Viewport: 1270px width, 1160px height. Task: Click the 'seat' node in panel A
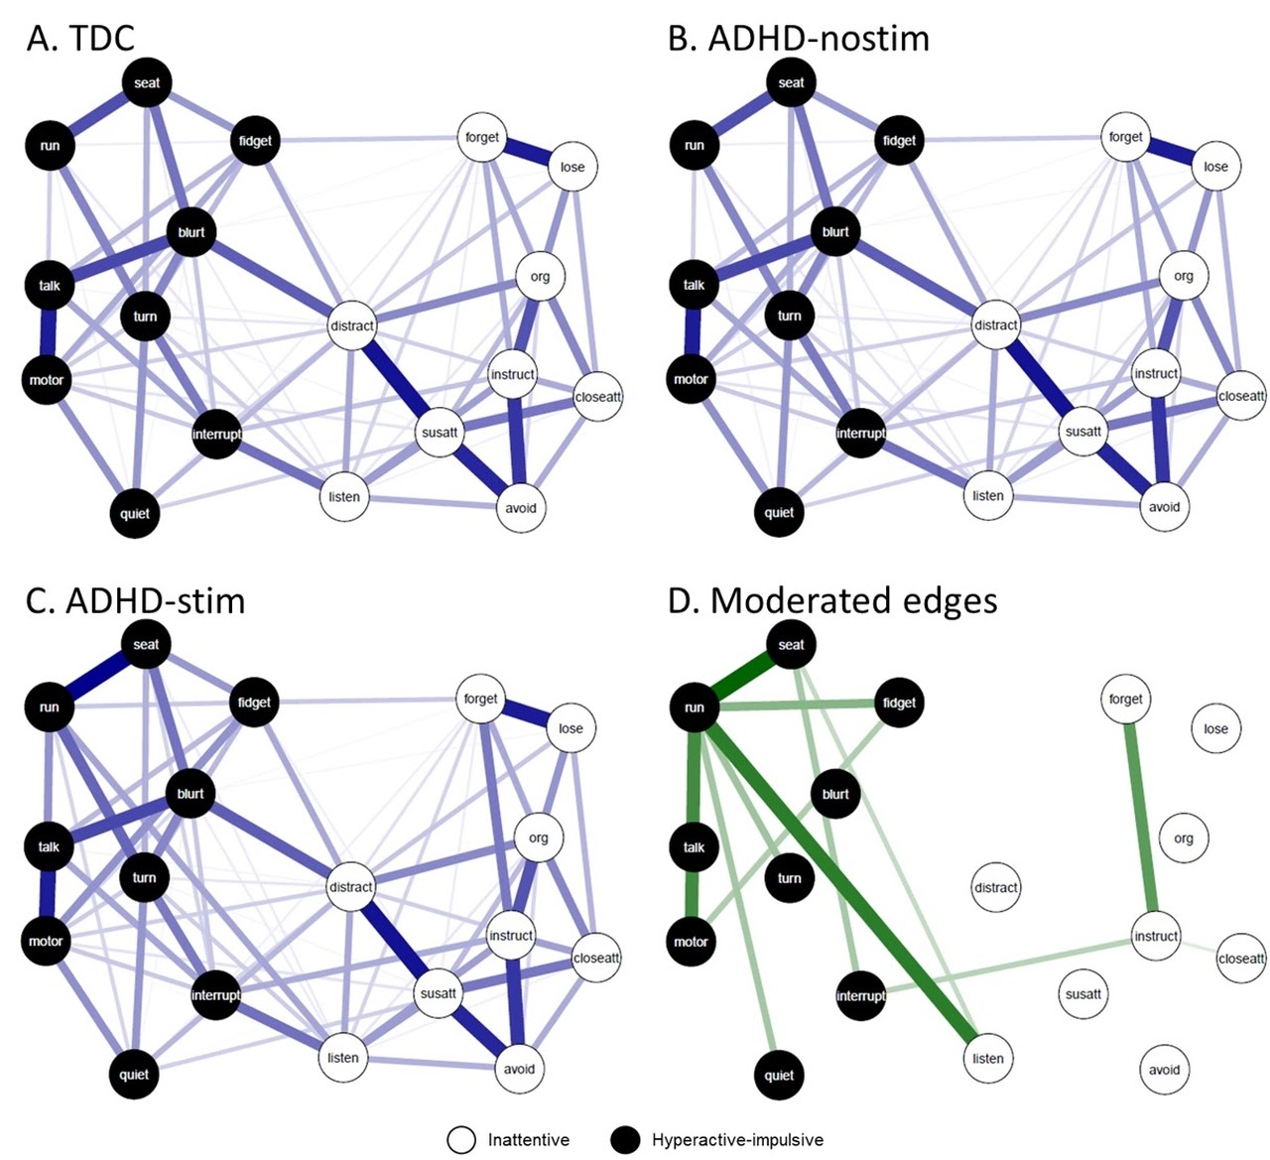[x=147, y=82]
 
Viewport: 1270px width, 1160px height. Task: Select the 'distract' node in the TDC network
[x=352, y=325]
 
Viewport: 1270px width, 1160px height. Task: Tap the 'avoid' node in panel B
[x=1164, y=507]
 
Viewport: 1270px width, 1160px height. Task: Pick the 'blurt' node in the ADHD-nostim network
[x=835, y=232]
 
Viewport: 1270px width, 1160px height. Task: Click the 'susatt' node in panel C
[x=439, y=993]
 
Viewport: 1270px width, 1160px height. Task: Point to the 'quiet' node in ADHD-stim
[x=134, y=1075]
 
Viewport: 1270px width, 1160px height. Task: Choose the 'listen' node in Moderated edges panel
[x=987, y=1058]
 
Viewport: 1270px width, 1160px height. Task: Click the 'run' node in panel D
[x=695, y=708]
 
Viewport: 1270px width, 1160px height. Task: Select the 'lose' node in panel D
[x=1215, y=728]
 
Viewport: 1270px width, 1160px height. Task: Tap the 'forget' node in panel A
[x=482, y=138]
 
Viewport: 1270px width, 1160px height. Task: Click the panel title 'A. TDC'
[x=79, y=38]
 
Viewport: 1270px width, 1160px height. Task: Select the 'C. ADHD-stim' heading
[x=135, y=600]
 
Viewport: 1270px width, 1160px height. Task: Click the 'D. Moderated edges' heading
[x=832, y=600]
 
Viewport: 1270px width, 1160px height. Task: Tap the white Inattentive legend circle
[x=461, y=1140]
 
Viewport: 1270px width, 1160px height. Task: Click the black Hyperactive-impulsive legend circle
[x=625, y=1140]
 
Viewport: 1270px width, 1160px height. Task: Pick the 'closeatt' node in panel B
[x=1241, y=396]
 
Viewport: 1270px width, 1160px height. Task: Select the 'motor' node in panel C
[x=46, y=941]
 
